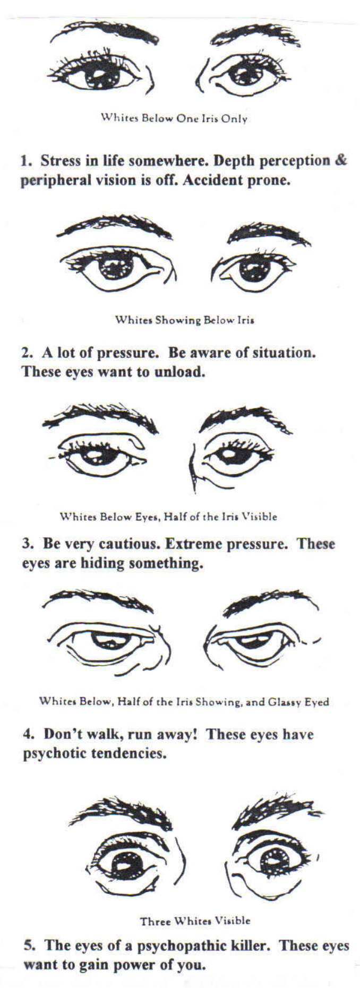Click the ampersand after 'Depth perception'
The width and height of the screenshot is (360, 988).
coord(341,160)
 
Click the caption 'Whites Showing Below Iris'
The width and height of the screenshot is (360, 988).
coord(185,320)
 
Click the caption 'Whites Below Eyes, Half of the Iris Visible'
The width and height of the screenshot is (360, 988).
coord(168,516)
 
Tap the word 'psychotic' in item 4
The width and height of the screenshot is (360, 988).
coord(54,753)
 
